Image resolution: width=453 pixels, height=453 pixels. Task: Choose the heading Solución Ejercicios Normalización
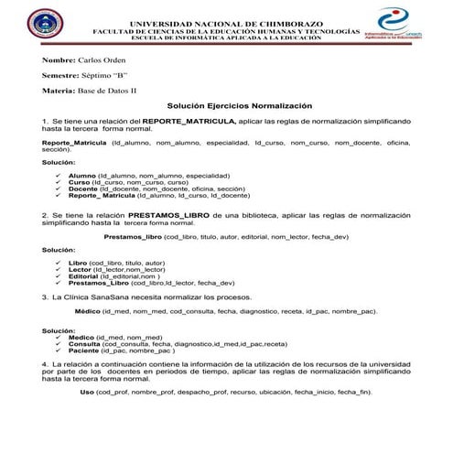[240, 106]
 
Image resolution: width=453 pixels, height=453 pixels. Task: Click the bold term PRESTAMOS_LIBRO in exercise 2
[177, 213]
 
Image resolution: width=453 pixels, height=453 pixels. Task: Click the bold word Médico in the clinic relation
[87, 311]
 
